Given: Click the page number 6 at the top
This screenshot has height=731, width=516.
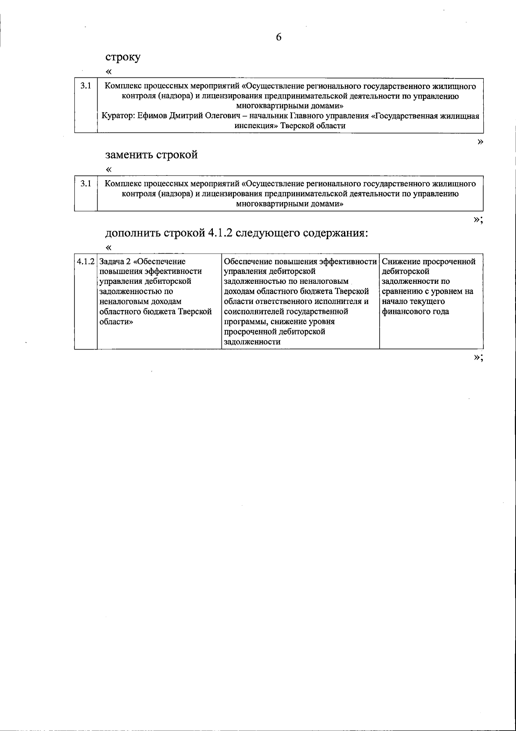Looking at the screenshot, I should pyautogui.click(x=279, y=37).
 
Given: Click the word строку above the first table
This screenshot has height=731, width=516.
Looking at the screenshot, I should pyautogui.click(x=123, y=57).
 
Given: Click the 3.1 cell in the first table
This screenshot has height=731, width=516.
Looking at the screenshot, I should pyautogui.click(x=86, y=86).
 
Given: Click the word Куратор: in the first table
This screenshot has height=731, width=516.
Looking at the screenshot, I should pyautogui.click(x=116, y=116).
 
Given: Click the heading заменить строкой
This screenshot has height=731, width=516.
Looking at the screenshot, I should pyautogui.click(x=151, y=155).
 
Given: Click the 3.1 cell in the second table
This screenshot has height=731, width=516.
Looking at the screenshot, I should pyautogui.click(x=86, y=184).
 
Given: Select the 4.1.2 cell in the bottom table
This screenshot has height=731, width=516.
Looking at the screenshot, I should pyautogui.click(x=86, y=261).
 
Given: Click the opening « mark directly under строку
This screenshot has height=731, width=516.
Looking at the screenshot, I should pyautogui.click(x=109, y=71).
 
